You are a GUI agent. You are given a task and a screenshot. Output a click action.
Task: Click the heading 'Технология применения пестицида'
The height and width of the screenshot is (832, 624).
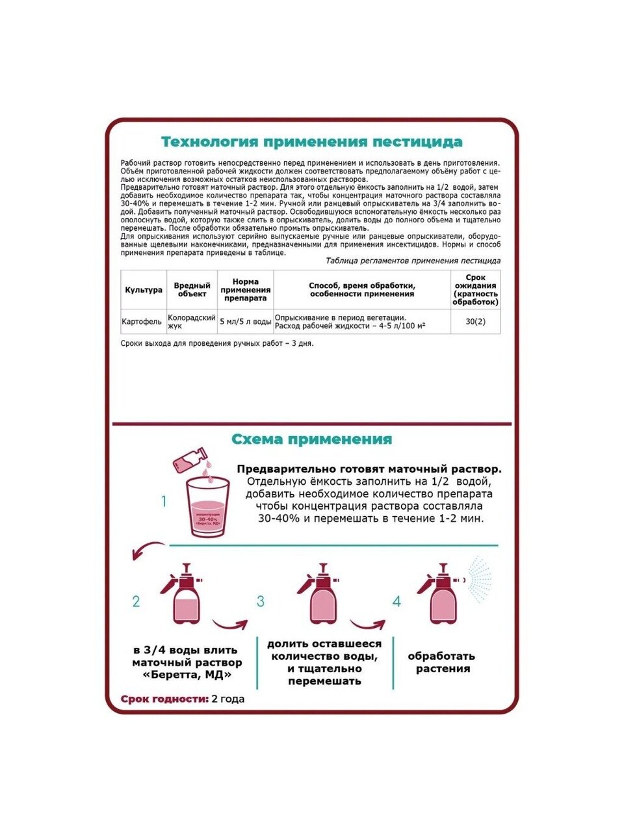pos(311,142)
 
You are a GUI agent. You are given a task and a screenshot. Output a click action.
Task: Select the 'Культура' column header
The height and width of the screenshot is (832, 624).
pos(144,290)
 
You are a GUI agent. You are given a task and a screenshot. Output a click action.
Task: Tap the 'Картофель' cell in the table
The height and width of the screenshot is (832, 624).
pos(142,322)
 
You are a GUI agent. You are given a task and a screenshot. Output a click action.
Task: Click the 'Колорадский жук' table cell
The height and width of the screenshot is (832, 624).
pos(191,322)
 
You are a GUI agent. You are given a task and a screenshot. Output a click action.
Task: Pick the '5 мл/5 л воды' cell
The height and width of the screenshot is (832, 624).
pos(245,322)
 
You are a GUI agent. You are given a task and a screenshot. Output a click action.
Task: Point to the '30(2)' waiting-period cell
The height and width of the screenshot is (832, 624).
pos(475,322)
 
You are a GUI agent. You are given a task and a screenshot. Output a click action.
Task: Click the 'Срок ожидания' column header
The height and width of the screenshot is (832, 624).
pos(475,290)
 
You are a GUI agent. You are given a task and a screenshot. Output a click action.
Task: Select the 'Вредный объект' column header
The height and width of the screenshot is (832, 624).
pos(192,290)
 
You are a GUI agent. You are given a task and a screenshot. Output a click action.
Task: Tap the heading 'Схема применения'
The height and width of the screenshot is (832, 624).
pos(311,439)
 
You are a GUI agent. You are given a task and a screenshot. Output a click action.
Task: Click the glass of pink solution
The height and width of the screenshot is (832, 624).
pos(208,507)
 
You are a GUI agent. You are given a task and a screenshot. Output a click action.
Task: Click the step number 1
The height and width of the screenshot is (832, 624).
pos(164,502)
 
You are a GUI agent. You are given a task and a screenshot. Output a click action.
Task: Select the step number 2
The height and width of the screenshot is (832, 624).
pos(136,602)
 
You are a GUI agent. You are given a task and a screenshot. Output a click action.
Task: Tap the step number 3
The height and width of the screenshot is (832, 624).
pos(261,602)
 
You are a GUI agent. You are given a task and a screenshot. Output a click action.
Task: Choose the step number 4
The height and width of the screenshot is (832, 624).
pos(396,602)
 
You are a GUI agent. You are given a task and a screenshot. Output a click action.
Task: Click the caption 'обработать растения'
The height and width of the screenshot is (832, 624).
pos(443,662)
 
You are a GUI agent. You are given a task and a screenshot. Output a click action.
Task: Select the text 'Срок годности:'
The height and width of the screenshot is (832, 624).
pos(164,699)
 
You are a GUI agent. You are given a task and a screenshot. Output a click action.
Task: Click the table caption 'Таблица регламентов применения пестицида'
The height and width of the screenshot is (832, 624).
pos(413,261)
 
